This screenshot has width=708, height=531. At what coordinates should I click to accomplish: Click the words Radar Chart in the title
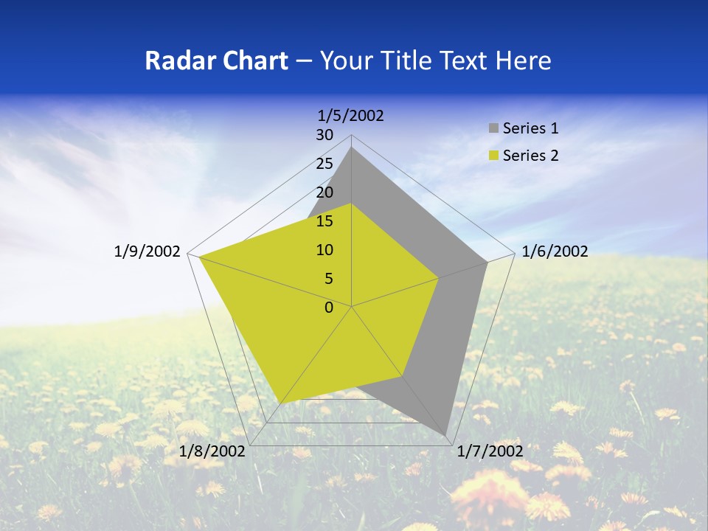(216, 60)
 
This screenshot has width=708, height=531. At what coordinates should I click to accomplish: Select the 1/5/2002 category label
(351, 115)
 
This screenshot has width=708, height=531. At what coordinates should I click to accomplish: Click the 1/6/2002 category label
(555, 251)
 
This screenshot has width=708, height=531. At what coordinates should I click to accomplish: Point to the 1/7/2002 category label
(490, 451)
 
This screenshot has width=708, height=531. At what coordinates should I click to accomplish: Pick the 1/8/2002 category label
(212, 451)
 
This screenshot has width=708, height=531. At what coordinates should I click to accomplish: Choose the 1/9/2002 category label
(147, 251)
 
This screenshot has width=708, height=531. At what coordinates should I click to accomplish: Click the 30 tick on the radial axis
(324, 135)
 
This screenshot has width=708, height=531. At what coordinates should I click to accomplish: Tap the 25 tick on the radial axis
(324, 164)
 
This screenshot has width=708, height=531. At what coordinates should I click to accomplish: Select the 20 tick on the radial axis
(324, 192)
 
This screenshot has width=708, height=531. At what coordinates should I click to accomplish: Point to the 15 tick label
(324, 221)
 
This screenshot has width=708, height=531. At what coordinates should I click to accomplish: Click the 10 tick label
(324, 250)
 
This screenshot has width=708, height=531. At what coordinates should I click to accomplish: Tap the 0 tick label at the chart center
(329, 307)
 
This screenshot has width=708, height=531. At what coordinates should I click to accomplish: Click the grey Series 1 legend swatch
(493, 128)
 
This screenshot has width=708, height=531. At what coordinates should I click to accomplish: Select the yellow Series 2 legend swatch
(493, 156)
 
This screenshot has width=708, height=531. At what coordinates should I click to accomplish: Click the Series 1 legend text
(530, 128)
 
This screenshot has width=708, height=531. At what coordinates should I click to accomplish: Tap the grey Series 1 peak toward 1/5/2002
(352, 148)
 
